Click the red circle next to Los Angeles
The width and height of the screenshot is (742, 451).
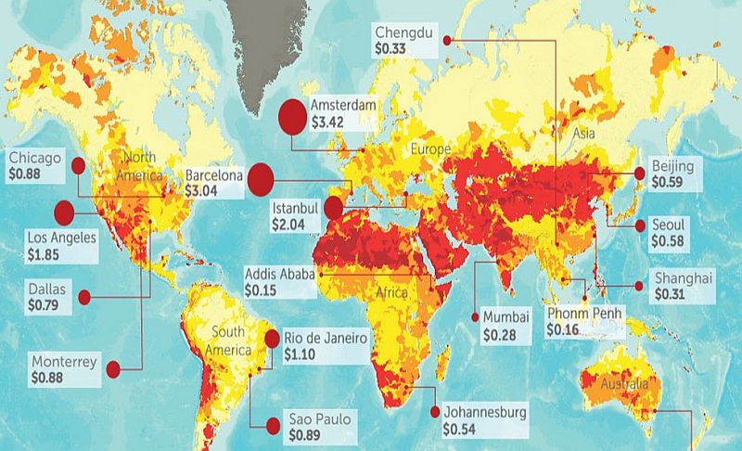pyautogui.click(x=63, y=213)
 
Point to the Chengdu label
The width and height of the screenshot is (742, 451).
pyautogui.click(x=403, y=31)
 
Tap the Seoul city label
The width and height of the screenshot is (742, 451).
pyautogui.click(x=670, y=225)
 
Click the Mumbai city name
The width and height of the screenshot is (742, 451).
pyautogui.click(x=505, y=317)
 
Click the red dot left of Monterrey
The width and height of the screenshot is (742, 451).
pyautogui.click(x=114, y=369)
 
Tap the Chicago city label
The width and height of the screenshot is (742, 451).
pyautogui.click(x=35, y=158)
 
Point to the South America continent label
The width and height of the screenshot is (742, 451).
pyautogui.click(x=227, y=341)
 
